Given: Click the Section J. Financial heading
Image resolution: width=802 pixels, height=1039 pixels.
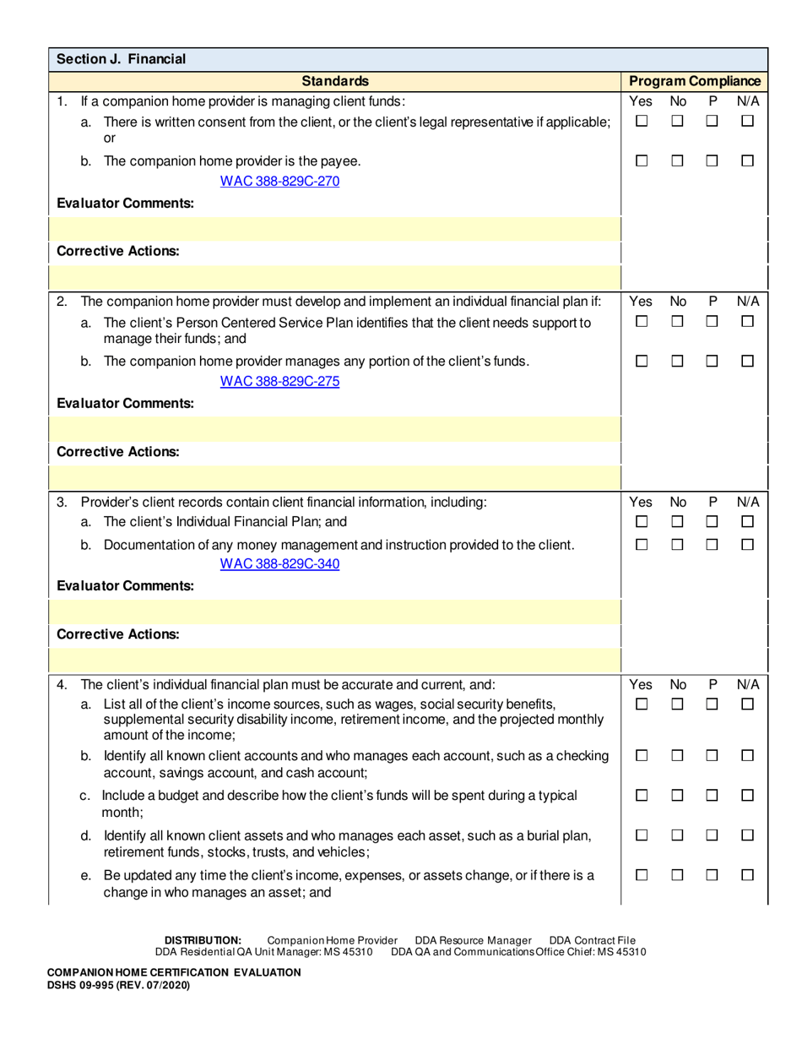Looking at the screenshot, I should [121, 59].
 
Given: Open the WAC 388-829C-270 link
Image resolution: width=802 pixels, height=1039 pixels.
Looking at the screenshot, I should [279, 181].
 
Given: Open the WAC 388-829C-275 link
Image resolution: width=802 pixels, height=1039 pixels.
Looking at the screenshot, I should [279, 381].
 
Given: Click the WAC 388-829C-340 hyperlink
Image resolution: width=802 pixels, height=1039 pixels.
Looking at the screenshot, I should [279, 563].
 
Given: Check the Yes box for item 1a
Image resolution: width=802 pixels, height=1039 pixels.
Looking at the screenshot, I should [642, 122].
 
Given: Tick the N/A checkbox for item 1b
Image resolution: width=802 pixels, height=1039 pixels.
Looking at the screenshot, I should [747, 160].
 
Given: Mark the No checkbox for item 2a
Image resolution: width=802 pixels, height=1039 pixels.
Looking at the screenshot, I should [677, 322].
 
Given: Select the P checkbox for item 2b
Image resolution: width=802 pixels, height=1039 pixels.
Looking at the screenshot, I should [712, 361].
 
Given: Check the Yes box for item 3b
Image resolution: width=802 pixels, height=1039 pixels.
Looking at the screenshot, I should [642, 545].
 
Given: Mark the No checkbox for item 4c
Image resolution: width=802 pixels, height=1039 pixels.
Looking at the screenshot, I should [677, 796].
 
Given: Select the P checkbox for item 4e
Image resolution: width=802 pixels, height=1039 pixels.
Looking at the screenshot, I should [712, 876].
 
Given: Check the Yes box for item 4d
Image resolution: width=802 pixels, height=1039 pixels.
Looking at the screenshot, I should [642, 835].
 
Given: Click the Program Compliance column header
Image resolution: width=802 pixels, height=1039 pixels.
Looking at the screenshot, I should [695, 81].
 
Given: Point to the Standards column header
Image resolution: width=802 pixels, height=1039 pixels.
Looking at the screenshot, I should [335, 81].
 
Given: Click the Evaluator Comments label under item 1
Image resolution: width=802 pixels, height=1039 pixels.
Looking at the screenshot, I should [125, 203].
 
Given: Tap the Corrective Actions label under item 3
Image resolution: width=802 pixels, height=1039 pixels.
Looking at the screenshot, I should [117, 634].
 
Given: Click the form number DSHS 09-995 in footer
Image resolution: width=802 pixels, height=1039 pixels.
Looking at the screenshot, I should [118, 985].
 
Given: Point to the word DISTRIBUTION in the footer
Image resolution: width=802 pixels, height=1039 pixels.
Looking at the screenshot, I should [203, 940].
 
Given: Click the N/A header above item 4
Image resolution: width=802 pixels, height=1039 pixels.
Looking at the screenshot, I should [748, 684].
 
